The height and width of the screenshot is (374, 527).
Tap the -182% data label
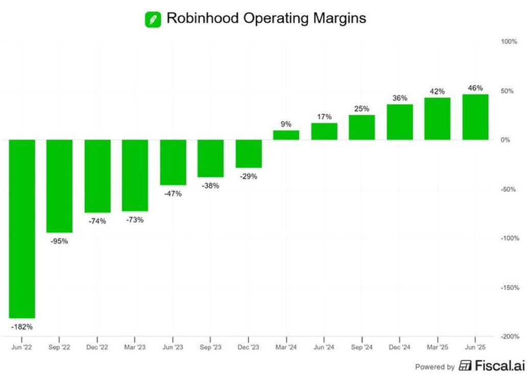pos(22,326)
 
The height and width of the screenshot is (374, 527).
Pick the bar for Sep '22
pos(60,186)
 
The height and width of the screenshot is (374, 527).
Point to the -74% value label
pos(98,221)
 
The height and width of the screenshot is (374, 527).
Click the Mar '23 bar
pos(135,175)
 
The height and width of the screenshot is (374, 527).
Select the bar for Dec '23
pos(249,153)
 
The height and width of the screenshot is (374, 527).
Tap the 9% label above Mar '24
pos(286,124)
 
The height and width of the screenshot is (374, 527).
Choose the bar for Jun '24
pos(324,131)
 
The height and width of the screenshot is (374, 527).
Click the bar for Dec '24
pos(400,122)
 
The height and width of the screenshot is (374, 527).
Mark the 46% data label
pos(475,88)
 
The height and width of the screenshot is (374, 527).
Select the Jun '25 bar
pos(475,117)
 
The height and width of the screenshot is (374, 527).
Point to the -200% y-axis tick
pos(510,336)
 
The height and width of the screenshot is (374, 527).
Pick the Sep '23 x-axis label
pos(210,347)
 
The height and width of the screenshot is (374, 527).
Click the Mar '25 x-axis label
pos(437,347)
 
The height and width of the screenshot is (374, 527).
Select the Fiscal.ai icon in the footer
pos(465,366)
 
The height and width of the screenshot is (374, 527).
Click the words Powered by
pos(435,367)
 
